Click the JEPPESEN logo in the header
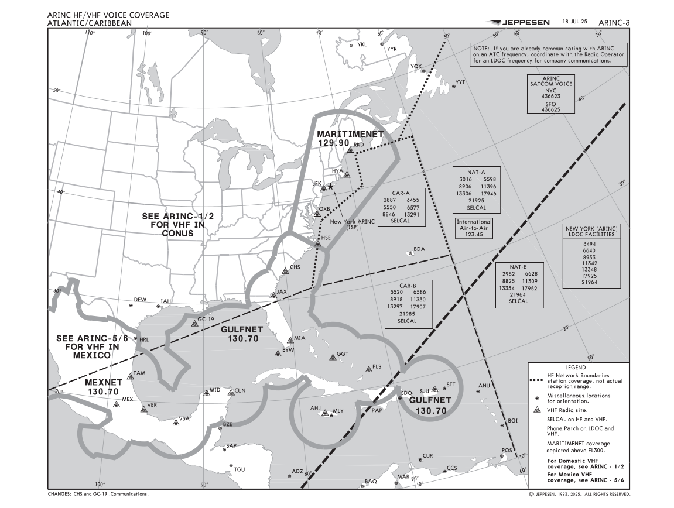coord(518,22)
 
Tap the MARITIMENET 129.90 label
coord(350,138)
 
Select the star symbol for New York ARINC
coord(330,186)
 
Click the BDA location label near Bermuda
coord(419,249)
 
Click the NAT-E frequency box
coord(518,284)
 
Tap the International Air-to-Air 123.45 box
coord(474,228)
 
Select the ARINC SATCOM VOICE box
coord(550,94)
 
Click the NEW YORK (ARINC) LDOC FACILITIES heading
coord(591,231)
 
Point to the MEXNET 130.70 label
coord(103,387)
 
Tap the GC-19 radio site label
coord(206,320)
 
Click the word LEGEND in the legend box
coord(579,367)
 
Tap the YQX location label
coord(416,66)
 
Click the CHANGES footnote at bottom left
coord(98,494)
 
